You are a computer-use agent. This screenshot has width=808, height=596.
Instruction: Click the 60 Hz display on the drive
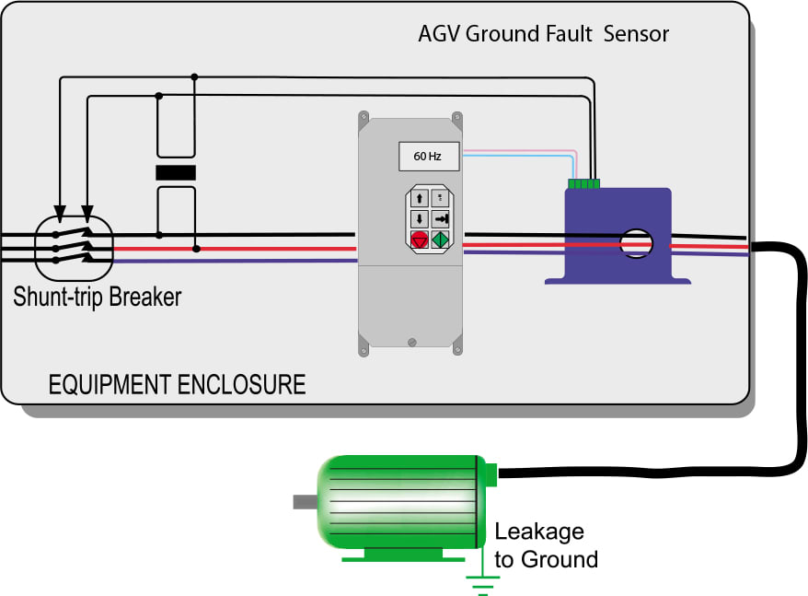click(428, 157)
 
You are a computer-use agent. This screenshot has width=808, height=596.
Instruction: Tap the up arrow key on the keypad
click(419, 198)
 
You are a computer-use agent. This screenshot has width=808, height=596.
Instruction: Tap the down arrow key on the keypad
click(419, 219)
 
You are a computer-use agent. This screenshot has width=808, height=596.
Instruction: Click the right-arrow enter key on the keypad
click(440, 219)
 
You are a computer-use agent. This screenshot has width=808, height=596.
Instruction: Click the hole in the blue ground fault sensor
click(636, 243)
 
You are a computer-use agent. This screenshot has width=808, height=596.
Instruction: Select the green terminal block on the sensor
click(584, 184)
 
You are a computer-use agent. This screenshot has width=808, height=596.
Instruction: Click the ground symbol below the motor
click(481, 579)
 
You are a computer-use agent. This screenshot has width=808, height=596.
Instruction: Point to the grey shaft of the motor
click(305, 502)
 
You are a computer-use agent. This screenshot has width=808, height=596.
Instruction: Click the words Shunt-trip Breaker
click(97, 298)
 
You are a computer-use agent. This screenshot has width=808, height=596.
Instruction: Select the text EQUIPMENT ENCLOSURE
click(177, 383)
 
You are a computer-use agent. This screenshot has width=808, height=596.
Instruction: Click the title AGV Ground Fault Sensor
click(543, 35)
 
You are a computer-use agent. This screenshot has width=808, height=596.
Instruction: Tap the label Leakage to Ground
click(546, 545)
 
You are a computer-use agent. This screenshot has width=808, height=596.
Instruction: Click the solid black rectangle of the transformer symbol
click(176, 173)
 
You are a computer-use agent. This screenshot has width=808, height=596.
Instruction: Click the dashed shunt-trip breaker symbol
click(73, 247)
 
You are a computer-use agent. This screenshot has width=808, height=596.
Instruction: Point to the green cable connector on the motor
click(490, 473)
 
